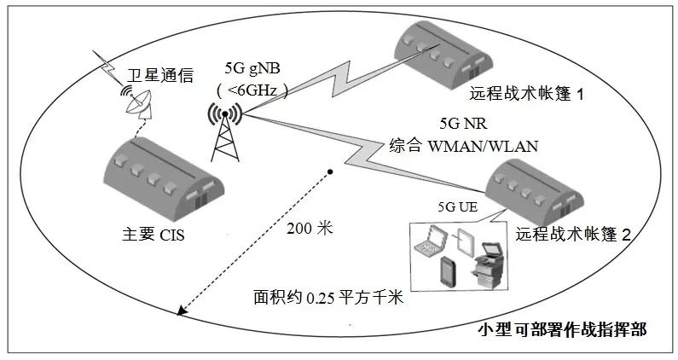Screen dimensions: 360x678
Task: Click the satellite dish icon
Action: [x=136, y=100]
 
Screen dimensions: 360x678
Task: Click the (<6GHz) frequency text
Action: [x=252, y=89]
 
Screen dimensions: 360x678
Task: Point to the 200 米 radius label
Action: [x=311, y=228]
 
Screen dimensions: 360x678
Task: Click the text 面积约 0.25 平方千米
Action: [x=327, y=299]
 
